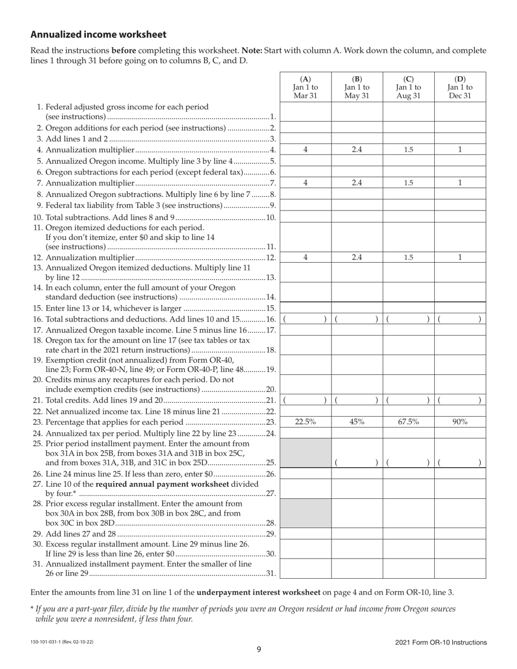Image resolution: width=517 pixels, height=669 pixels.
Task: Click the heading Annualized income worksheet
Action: click(x=99, y=35)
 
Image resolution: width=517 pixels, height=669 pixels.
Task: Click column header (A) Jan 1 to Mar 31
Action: click(x=305, y=87)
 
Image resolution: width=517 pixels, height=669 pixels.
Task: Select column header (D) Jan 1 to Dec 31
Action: click(x=460, y=87)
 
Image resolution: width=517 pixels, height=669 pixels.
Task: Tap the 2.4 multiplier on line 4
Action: click(x=357, y=150)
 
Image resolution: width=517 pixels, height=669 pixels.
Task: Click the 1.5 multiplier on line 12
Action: click(x=408, y=258)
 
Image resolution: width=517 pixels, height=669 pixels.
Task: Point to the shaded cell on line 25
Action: click(x=305, y=453)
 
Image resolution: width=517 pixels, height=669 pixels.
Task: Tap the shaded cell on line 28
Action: click(x=305, y=513)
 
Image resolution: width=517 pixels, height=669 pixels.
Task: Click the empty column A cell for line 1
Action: click(x=305, y=112)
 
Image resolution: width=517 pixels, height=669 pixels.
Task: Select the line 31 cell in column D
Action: click(x=460, y=568)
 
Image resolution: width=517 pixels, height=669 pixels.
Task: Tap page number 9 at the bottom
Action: click(x=259, y=649)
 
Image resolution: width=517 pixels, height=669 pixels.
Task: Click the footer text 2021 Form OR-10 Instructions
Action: click(x=441, y=642)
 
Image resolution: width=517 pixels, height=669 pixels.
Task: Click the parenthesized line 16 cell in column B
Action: click(x=357, y=319)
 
